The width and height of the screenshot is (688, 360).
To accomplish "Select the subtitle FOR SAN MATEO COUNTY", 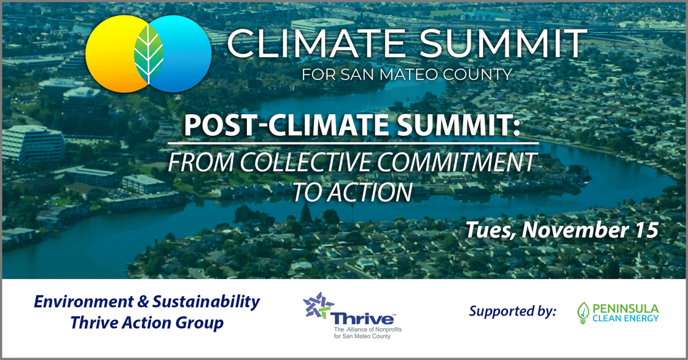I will pos(407,75).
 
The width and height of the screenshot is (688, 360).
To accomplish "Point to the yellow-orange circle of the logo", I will pos(111,54).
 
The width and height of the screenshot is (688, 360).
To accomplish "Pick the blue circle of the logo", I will pos(184,54).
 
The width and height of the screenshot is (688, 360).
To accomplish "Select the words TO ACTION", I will pos(351,192).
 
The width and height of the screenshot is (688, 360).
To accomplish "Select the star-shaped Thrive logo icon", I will pos(318,305).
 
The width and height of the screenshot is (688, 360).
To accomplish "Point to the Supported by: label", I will pos(512,311).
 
